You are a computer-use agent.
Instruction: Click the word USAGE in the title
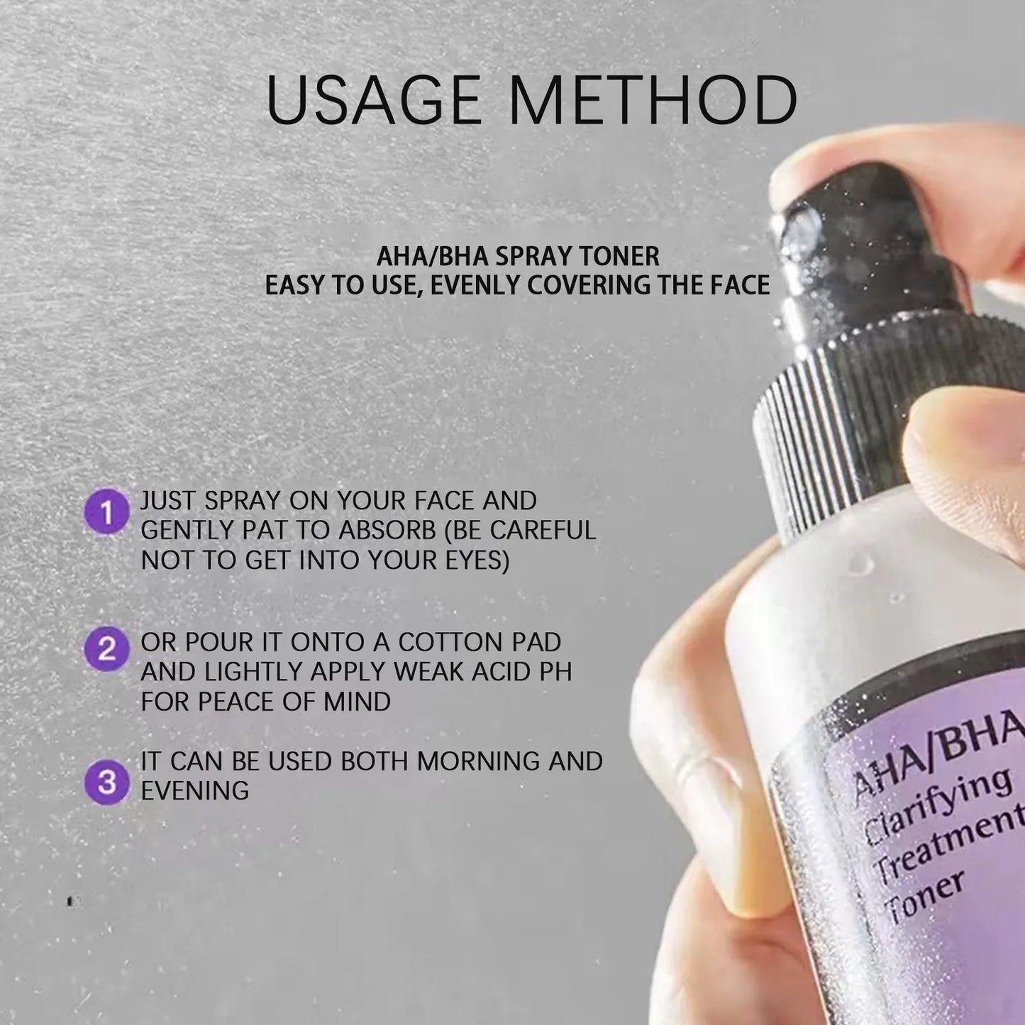click(373, 100)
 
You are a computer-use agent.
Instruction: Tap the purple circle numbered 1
click(107, 512)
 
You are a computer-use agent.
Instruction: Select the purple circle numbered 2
click(107, 649)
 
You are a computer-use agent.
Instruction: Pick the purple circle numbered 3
click(107, 782)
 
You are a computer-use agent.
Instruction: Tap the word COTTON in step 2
click(445, 642)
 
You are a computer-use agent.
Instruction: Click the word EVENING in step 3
click(195, 791)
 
